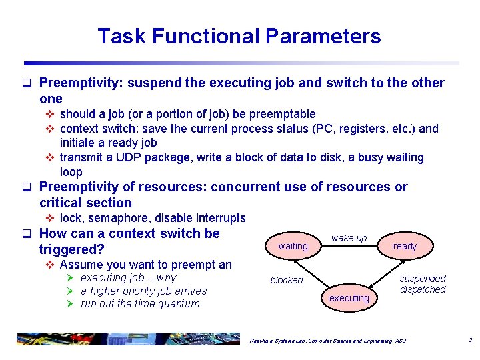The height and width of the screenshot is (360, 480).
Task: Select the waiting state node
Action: pyautogui.click(x=293, y=246)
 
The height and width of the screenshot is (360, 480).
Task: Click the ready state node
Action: pyautogui.click(x=405, y=246)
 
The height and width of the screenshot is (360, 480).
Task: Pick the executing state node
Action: pyautogui.click(x=349, y=298)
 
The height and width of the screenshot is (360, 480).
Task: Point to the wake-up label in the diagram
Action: pyautogui.click(x=349, y=238)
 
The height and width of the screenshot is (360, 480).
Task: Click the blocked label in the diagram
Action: pyautogui.click(x=287, y=280)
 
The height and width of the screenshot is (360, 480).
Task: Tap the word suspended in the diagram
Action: pyautogui.click(x=423, y=279)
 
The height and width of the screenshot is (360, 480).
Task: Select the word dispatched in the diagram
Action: pyautogui.click(x=423, y=289)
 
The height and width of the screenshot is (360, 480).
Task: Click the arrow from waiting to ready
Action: pyautogui.click(x=349, y=247)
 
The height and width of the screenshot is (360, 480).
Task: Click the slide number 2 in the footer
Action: pyautogui.click(x=470, y=341)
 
